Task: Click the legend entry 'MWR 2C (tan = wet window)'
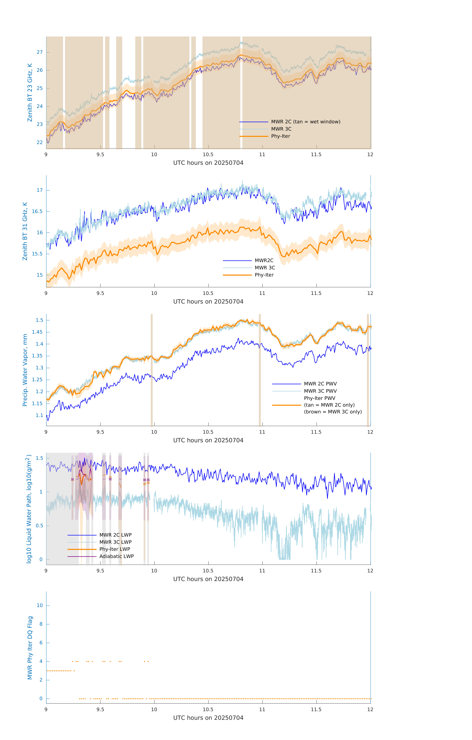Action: pyautogui.click(x=305, y=122)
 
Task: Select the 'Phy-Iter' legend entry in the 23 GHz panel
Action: pyautogui.click(x=280, y=136)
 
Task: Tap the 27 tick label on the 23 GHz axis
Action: pyautogui.click(x=40, y=52)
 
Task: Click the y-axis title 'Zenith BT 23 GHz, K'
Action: pyautogui.click(x=30, y=92)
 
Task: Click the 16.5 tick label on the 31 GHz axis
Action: pyautogui.click(x=37, y=211)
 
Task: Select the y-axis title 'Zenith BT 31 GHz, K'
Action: pyautogui.click(x=25, y=231)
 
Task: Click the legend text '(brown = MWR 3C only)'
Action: pyautogui.click(x=333, y=412)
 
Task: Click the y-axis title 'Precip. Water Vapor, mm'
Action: pyautogui.click(x=25, y=370)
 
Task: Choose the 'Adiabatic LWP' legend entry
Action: pyautogui.click(x=116, y=556)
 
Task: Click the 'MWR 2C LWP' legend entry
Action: pyautogui.click(x=115, y=535)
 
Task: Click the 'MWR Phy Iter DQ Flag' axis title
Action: pyautogui.click(x=30, y=647)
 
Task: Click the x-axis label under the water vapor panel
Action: pyautogui.click(x=208, y=440)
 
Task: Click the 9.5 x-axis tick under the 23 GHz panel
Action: pyautogui.click(x=100, y=155)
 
